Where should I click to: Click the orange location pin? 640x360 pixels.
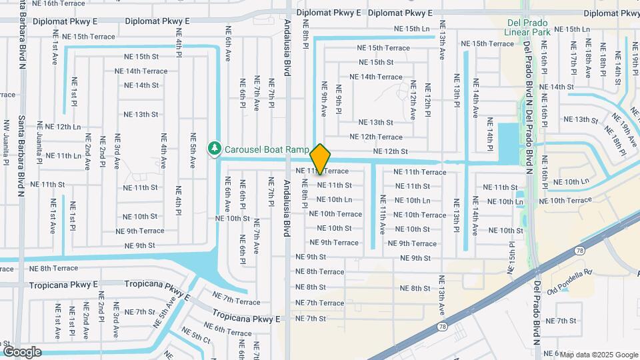point(321,159)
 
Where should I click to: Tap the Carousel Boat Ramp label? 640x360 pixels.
point(267,149)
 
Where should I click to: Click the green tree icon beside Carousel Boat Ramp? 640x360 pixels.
point(214,149)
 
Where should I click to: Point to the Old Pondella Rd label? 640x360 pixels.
point(569,273)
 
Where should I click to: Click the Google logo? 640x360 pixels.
point(21,352)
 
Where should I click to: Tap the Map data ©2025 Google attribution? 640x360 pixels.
point(599,355)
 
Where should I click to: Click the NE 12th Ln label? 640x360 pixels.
point(59,127)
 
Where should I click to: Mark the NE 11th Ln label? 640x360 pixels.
point(59,155)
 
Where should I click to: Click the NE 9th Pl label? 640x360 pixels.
point(339,98)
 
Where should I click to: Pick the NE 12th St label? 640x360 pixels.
point(390,151)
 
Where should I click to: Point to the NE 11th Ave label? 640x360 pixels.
point(383,215)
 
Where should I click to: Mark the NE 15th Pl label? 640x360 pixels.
point(512,255)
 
